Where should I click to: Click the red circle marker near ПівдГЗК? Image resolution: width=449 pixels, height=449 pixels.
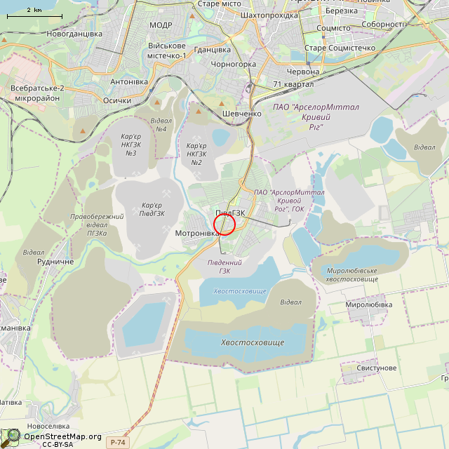pyautogui.click(x=224, y=224)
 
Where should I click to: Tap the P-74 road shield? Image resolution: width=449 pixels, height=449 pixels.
pyautogui.click(x=118, y=442)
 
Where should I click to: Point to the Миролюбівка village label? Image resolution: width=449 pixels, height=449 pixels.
pyautogui.click(x=369, y=305)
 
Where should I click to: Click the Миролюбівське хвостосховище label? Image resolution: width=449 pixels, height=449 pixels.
pyautogui.click(x=351, y=275)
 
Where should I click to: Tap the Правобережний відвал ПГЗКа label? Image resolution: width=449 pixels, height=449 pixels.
pyautogui.click(x=97, y=224)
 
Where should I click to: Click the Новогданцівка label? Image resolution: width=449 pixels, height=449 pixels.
pyautogui.click(x=74, y=34)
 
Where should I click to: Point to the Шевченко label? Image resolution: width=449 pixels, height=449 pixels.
pyautogui.click(x=241, y=113)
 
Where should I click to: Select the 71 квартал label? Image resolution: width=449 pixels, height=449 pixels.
pyautogui.click(x=293, y=84)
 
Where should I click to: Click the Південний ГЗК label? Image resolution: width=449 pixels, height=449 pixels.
pyautogui.click(x=224, y=267)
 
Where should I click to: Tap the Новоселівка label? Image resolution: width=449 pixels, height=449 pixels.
pyautogui.click(x=48, y=426)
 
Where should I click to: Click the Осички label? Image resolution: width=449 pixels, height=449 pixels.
pyautogui.click(x=117, y=100)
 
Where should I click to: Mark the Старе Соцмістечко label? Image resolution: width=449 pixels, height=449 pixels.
pyautogui.click(x=340, y=48)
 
